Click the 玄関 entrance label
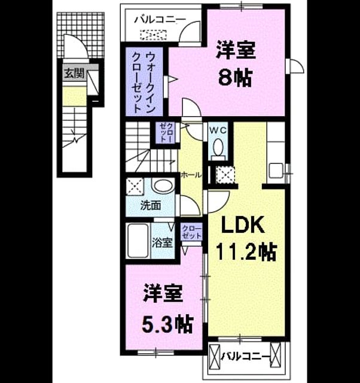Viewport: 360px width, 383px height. pyautogui.click(x=74, y=73)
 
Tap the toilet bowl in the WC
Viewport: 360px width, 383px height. pyautogui.click(x=218, y=147)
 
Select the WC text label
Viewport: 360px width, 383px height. pyautogui.click(x=218, y=130)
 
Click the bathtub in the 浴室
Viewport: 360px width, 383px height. pyautogui.click(x=138, y=241)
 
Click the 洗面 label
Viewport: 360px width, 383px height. pyautogui.click(x=151, y=206)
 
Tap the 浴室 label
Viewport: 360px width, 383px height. pyautogui.click(x=162, y=242)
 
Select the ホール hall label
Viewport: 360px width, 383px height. pyautogui.click(x=191, y=175)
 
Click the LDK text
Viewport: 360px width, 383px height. pyautogui.click(x=243, y=224)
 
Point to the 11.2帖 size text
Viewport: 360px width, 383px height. pyautogui.click(x=246, y=252)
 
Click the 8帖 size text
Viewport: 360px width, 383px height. pyautogui.click(x=235, y=78)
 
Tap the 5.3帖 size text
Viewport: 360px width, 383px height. pyautogui.click(x=167, y=324)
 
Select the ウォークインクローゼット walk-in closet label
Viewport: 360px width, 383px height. pyautogui.click(x=144, y=82)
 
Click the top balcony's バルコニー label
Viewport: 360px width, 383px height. pyautogui.click(x=160, y=19)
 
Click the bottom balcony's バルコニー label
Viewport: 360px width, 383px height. pyautogui.click(x=246, y=357)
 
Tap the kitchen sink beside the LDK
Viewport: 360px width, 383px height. pyautogui.click(x=276, y=171)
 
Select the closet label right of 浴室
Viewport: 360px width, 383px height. pyautogui.click(x=192, y=232)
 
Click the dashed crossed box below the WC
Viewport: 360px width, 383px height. pyautogui.click(x=225, y=175)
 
